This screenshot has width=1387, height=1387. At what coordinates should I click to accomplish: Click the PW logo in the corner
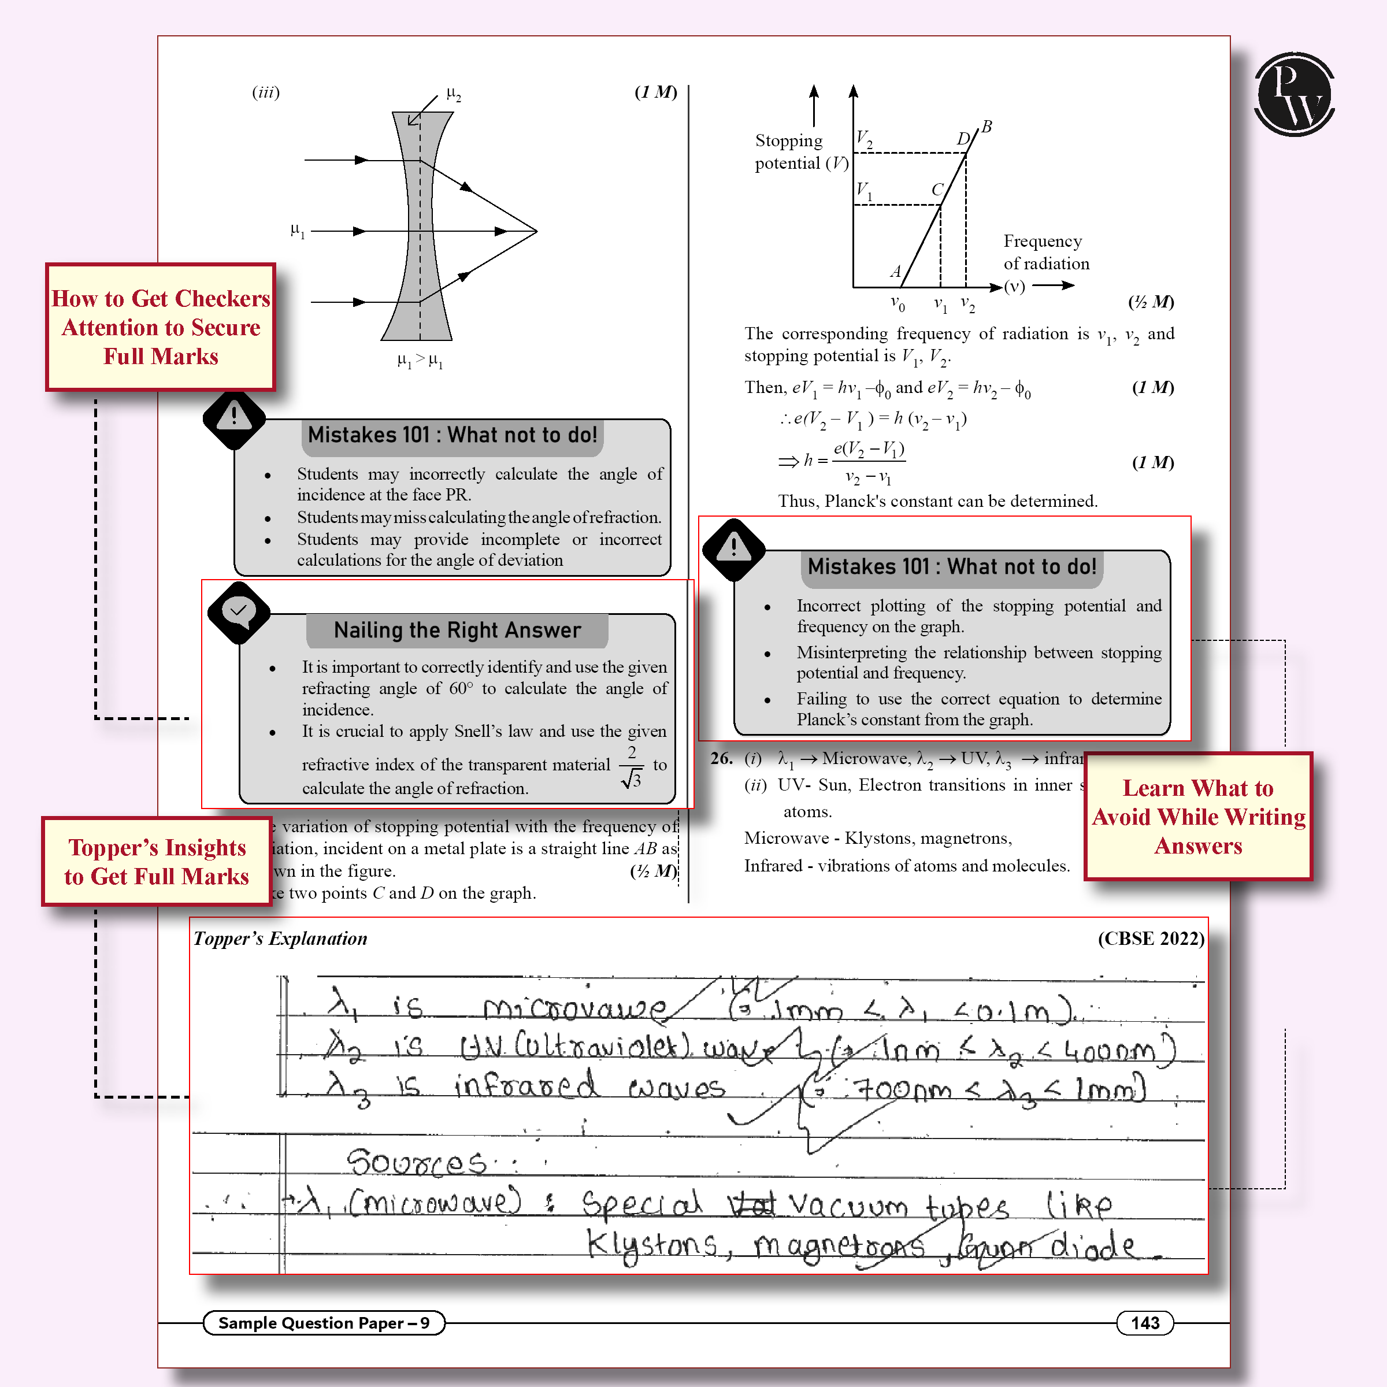click(1294, 94)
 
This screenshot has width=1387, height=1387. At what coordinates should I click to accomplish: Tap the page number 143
click(1144, 1322)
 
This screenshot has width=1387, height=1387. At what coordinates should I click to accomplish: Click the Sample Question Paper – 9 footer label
click(324, 1322)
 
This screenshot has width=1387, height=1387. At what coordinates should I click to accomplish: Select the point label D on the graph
click(963, 139)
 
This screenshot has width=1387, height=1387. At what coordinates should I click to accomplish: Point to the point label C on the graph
click(937, 190)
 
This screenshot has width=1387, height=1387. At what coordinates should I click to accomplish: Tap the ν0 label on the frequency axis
click(898, 303)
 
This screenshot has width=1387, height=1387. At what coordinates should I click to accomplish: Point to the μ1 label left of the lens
click(297, 231)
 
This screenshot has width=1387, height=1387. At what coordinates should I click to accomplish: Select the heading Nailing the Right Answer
click(457, 631)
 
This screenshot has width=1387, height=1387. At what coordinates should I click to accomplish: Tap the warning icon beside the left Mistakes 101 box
click(234, 418)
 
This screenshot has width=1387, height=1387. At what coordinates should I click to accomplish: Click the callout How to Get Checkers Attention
click(161, 327)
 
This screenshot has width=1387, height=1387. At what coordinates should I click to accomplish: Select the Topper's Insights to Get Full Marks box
click(157, 862)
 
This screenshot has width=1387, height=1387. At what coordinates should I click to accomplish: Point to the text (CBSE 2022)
click(1151, 939)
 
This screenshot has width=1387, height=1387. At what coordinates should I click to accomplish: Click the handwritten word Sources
click(416, 1162)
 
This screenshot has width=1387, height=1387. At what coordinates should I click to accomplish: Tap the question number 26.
click(721, 758)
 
